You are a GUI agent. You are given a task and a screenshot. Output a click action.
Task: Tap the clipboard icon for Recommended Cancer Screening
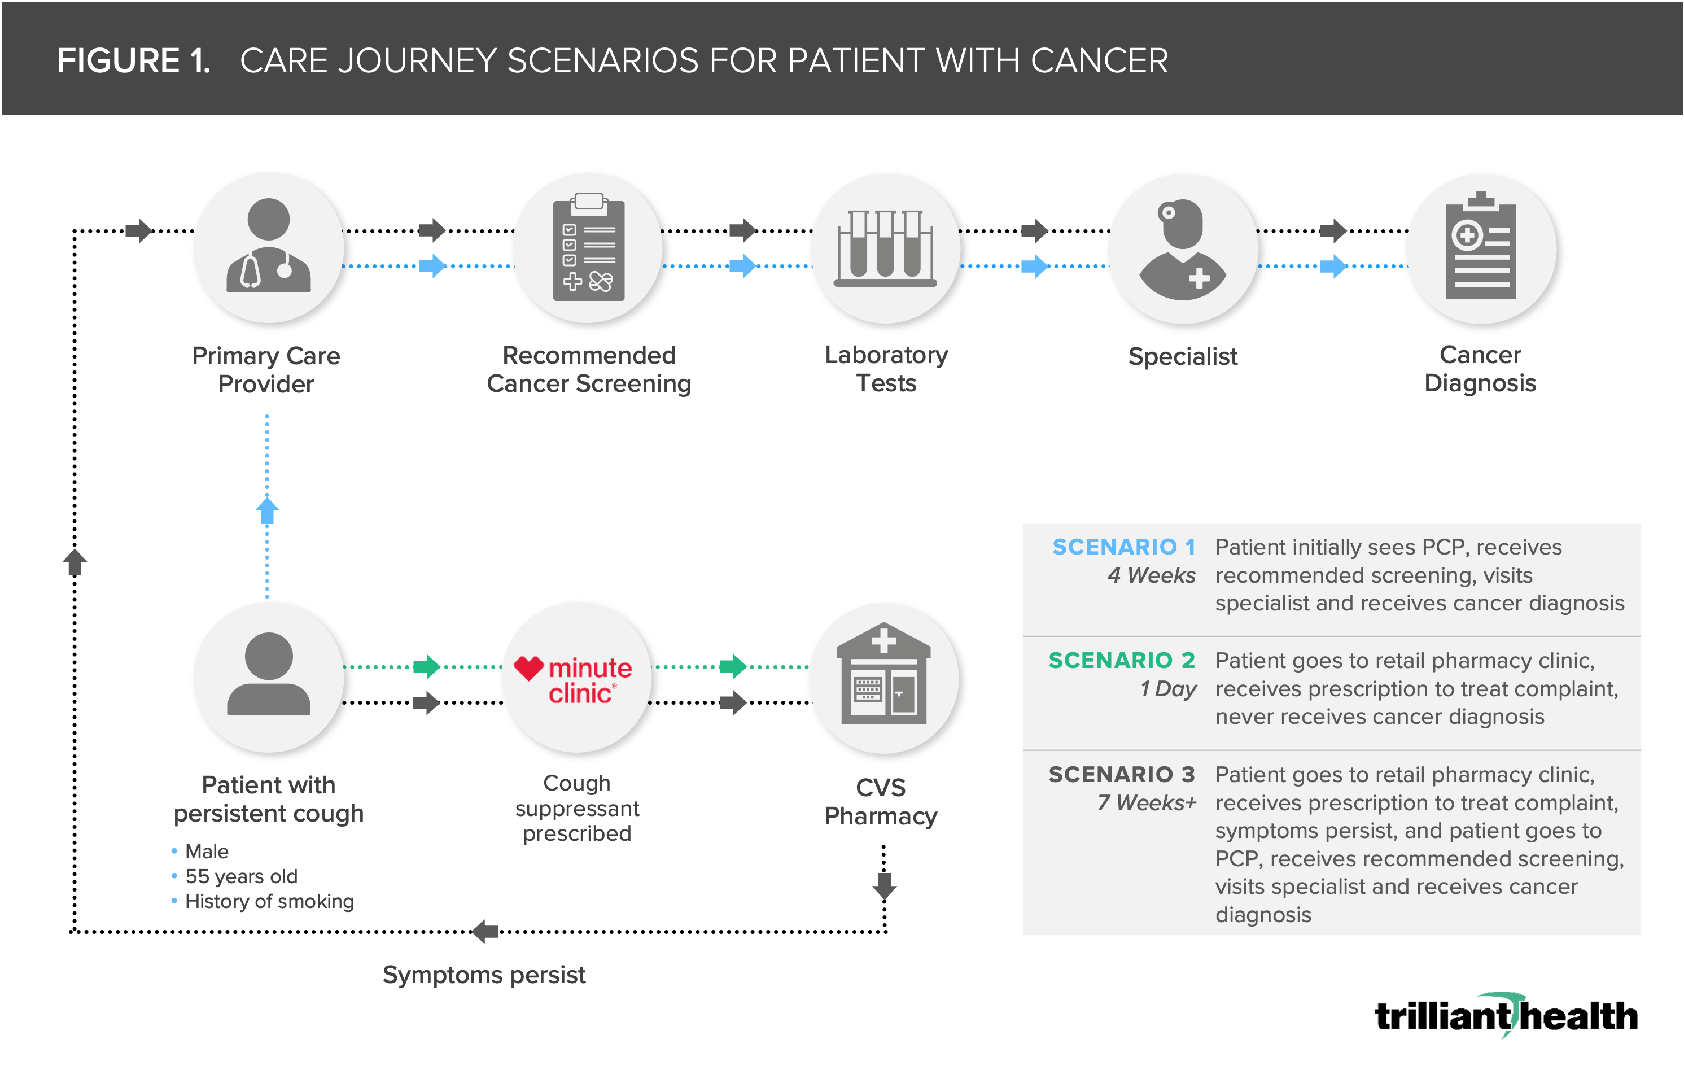coord(589,246)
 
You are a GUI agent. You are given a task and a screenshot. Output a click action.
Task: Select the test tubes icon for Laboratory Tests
coord(885,248)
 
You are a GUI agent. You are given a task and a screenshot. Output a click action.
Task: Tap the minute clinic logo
coord(574,679)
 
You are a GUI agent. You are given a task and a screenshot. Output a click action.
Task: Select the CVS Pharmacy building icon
coord(884,673)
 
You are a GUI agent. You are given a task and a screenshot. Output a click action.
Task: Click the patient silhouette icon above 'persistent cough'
coord(269,673)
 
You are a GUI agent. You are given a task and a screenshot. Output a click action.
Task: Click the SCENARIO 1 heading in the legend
coord(1124,547)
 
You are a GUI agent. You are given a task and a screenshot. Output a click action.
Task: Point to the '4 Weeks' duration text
coord(1151,575)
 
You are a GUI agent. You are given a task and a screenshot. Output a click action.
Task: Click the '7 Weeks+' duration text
coord(1147,802)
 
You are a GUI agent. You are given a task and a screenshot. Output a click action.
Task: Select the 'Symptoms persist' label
coord(484,975)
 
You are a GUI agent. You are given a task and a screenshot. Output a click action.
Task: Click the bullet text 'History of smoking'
coord(269,901)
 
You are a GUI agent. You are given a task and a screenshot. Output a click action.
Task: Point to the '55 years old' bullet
coord(241,876)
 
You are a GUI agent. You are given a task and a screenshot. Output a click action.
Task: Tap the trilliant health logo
coord(1506,1015)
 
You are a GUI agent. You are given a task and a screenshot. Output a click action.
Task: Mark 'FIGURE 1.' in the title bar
coord(134,61)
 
